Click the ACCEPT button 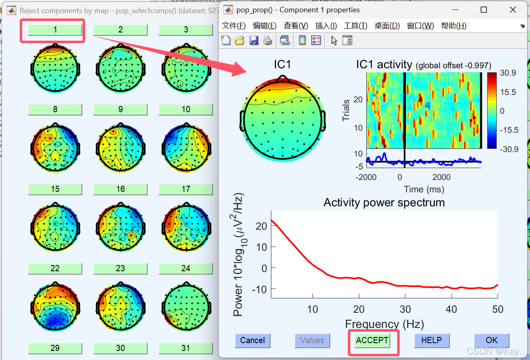click(372, 340)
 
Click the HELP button click(431, 340)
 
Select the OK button click(491, 340)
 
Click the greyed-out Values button click(312, 340)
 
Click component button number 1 click(55, 30)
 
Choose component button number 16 click(120, 189)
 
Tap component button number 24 click(186, 268)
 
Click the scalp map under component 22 click(55, 307)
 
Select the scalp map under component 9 click(120, 148)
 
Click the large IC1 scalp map click(282, 119)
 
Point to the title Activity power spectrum click(384, 203)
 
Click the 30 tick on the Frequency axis click(405, 309)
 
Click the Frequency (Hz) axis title click(384, 324)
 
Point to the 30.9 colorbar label click(508, 73)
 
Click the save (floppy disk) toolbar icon click(254, 40)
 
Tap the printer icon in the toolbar click(268, 40)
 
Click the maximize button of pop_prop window click(484, 10)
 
